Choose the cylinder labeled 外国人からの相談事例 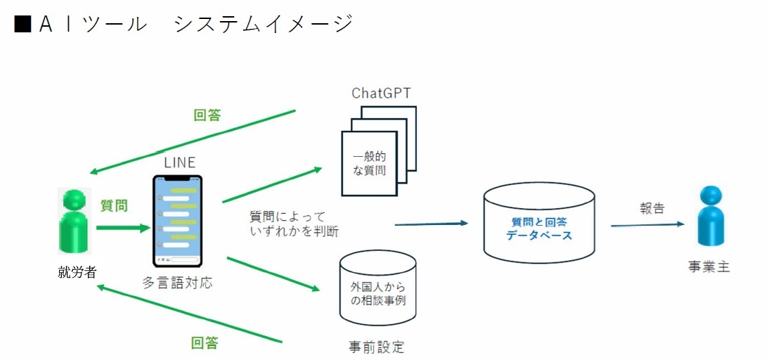coord(377,290)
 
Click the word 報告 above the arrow coord(652,208)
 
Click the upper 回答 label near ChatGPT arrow coord(207,115)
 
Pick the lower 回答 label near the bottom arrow coord(205,343)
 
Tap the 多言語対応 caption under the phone coord(177,283)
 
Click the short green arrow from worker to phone coord(123,228)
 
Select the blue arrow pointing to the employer coord(647,225)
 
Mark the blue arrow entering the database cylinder coord(431,224)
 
